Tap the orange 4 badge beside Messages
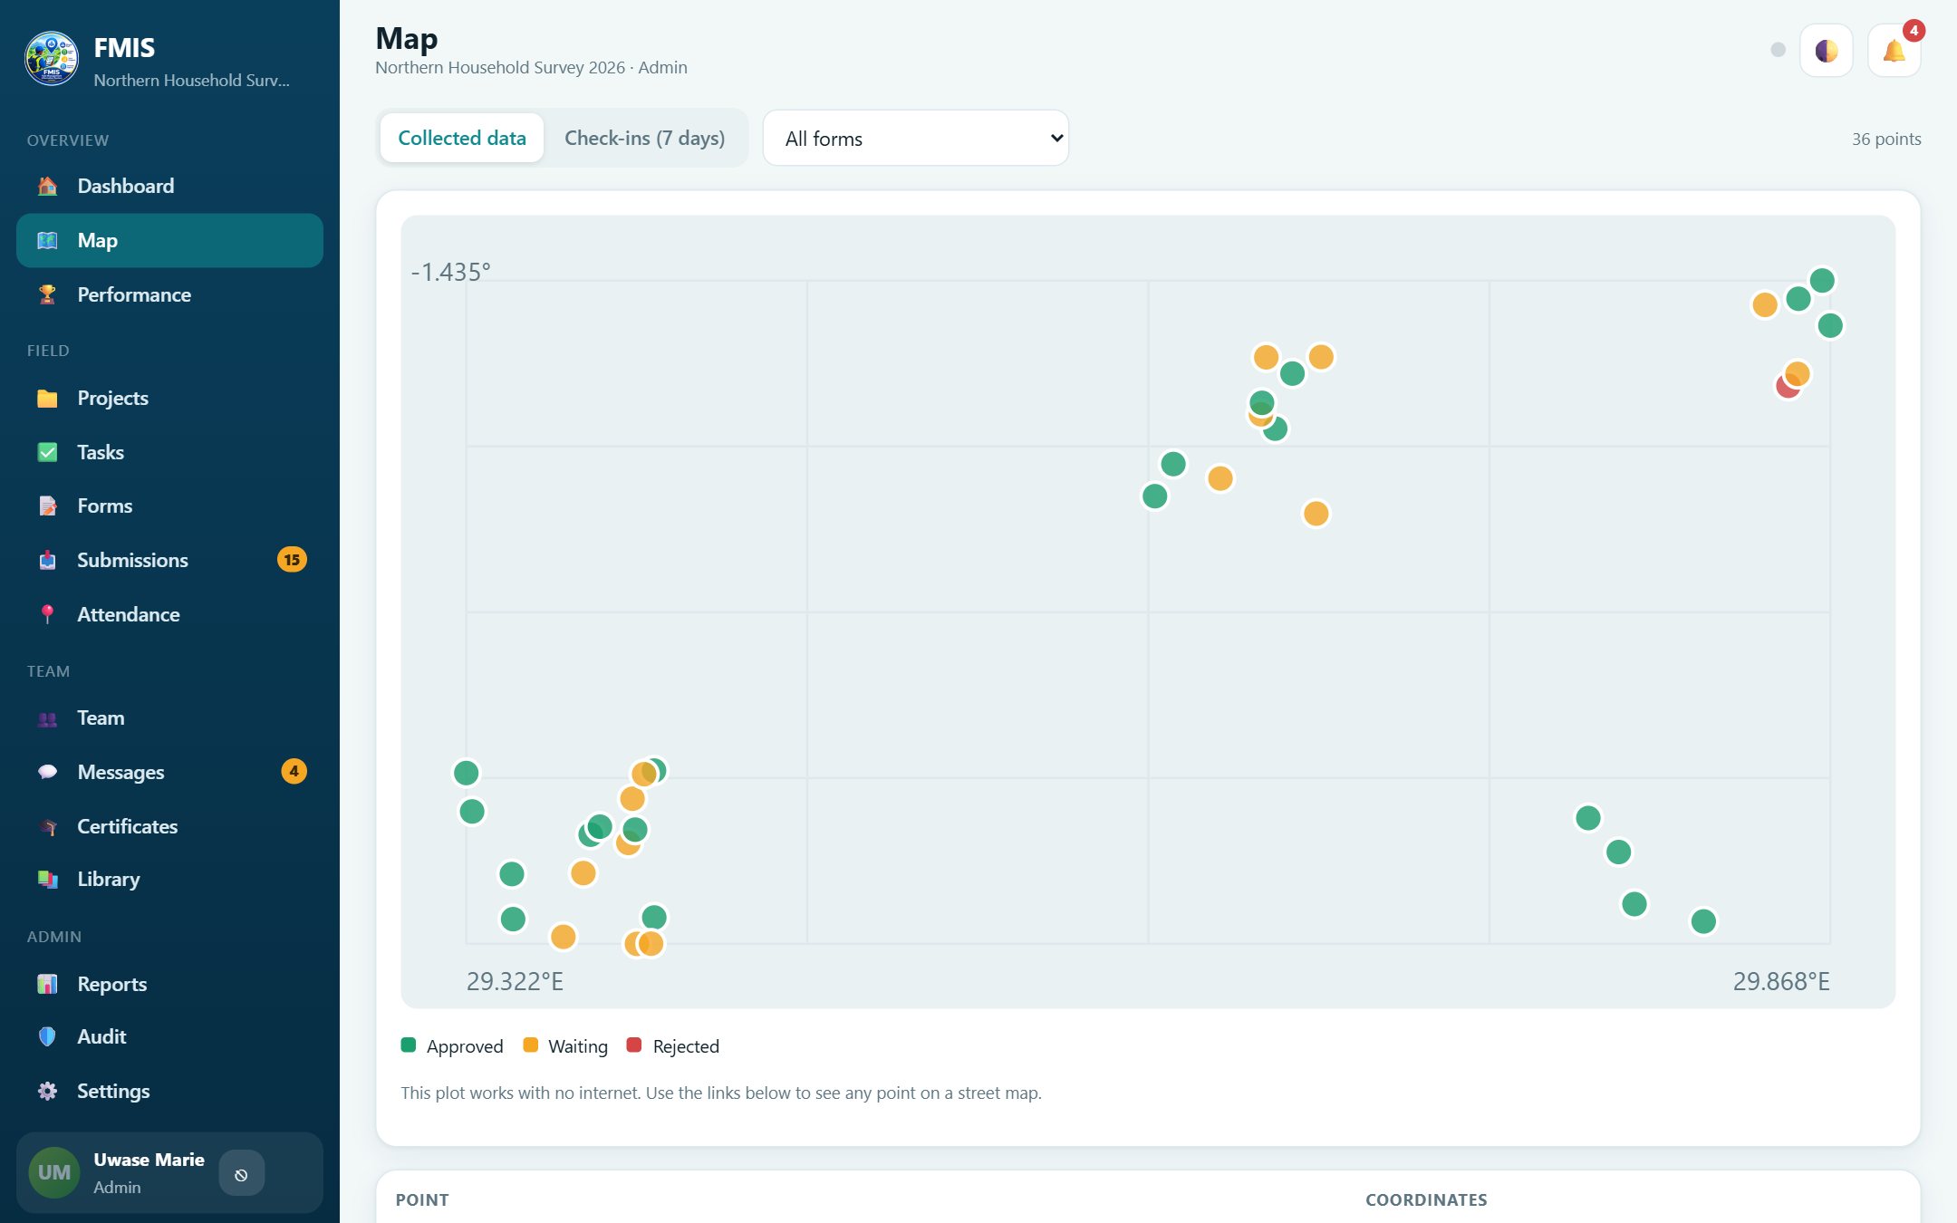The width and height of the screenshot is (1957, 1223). point(294,771)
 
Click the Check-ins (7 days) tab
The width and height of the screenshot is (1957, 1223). point(645,138)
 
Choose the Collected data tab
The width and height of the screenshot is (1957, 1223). point(462,138)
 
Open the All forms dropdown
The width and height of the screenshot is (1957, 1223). point(916,138)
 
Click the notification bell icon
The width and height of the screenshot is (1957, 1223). point(1894,50)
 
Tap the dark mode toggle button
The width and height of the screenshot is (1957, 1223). point(1827,50)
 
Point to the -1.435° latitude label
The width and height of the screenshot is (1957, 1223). point(450,272)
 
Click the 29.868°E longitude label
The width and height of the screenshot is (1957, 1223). point(1781,981)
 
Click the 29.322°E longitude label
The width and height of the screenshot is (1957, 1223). point(515,981)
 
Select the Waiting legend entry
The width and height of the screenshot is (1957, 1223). point(565,1046)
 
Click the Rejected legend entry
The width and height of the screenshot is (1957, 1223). point(673,1046)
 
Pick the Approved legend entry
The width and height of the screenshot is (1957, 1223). point(452,1046)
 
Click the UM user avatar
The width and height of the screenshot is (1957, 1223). point(54,1172)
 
